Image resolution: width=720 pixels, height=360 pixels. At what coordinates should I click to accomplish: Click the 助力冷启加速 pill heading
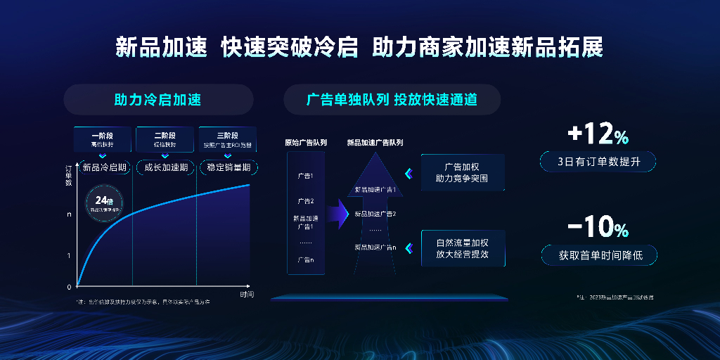(x=158, y=100)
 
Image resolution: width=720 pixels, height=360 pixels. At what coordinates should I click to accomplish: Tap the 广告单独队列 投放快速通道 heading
(x=392, y=100)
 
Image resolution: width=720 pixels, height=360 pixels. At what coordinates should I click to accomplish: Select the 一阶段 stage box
(x=102, y=139)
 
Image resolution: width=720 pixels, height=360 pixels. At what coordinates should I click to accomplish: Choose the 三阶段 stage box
(x=227, y=139)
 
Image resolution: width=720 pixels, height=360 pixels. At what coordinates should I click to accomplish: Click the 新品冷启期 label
(x=104, y=167)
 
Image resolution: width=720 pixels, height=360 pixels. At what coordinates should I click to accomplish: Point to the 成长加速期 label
(x=166, y=167)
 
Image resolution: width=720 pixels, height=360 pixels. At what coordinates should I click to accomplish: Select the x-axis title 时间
(x=246, y=293)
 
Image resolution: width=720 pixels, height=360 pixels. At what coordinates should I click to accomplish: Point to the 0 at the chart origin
(x=69, y=287)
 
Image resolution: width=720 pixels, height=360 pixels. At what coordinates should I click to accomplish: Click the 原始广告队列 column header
(x=306, y=143)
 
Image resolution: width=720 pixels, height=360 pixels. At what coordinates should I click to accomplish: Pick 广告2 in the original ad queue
(x=306, y=201)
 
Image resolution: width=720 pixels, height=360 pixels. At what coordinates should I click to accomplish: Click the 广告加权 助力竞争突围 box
(x=462, y=173)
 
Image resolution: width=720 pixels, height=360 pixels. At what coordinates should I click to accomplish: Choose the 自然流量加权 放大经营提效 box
(x=462, y=248)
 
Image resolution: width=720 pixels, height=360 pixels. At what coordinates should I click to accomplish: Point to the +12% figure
(x=598, y=134)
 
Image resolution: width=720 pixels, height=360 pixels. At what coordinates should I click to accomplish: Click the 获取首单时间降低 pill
(x=598, y=255)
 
